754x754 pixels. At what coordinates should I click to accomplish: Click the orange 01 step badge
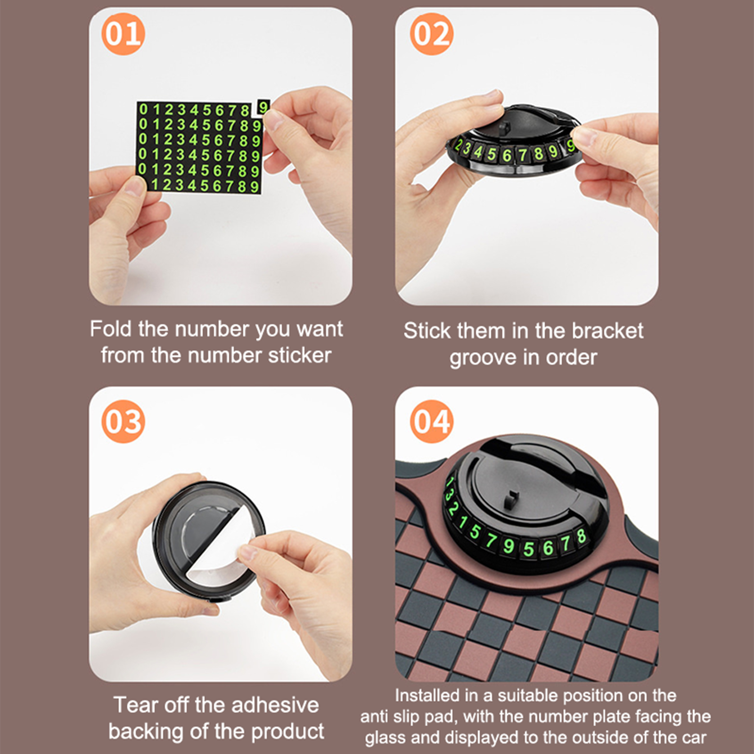123,33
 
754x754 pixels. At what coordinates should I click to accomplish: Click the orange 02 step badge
431,33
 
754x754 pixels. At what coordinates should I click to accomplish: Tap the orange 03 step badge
123,421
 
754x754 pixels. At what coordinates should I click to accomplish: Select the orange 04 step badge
431,421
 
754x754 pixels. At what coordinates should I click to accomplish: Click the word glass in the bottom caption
386,738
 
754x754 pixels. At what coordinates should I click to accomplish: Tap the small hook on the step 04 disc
509,500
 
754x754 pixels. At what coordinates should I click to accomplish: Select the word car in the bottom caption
693,738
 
